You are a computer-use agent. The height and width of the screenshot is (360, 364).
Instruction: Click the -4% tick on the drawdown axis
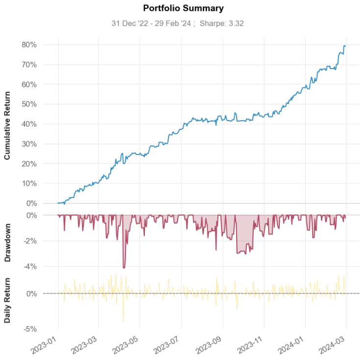point(30,267)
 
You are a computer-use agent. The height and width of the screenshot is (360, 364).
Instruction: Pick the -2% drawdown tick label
point(30,241)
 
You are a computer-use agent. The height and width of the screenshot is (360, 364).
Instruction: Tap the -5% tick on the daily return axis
point(30,329)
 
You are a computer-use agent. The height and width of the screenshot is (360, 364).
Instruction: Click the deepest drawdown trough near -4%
point(124,267)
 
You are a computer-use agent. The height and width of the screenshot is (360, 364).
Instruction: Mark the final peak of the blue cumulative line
point(344,46)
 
